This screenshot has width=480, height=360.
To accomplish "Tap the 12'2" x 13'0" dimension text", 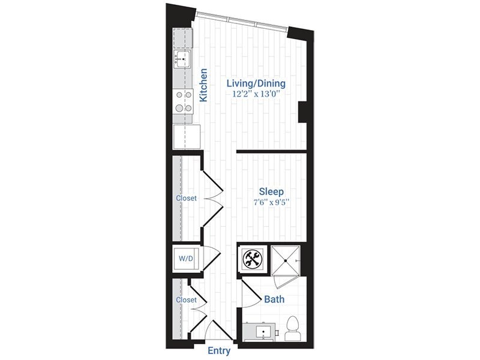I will coord(256,94).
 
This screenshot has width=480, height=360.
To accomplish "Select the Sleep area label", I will coord(271,191).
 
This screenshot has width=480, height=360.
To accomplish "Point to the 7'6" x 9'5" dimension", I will coord(271,202).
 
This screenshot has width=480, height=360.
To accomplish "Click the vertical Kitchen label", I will coord(204,85).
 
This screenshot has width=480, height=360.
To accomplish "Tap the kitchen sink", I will coord(182,58).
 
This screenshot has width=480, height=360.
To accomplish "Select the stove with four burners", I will coord(183,101).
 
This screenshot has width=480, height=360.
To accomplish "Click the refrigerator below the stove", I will coord(187,136).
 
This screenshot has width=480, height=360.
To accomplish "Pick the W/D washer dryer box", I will coord(185,259).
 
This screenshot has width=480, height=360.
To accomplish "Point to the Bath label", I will coord(274,299).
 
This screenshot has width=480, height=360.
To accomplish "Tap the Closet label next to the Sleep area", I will coord(186,198).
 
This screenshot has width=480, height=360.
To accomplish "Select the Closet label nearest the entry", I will coord(186,299).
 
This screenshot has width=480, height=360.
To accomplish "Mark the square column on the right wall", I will coord(303,111).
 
